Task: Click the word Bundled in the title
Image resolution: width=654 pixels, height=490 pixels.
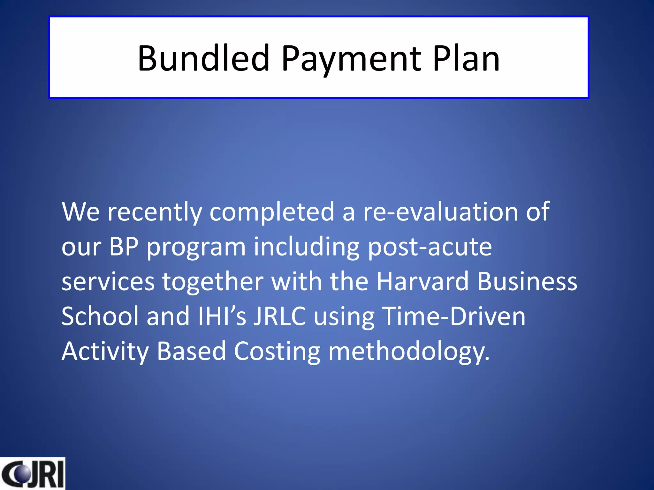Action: [x=204, y=58]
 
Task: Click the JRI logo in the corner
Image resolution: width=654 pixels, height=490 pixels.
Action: [x=33, y=473]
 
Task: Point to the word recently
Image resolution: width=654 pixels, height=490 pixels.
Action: [x=155, y=212]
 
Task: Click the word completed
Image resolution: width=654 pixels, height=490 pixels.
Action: [x=272, y=212]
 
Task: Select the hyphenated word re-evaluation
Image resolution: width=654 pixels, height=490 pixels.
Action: [x=440, y=212]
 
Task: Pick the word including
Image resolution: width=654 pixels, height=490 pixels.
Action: [x=307, y=248]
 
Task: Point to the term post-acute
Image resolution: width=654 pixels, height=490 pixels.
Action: [x=430, y=247]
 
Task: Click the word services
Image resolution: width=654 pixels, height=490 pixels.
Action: [x=108, y=282]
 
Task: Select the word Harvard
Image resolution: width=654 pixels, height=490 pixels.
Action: [x=422, y=282]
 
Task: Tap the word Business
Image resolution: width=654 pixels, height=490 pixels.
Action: [x=527, y=282]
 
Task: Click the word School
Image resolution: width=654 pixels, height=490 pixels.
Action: [x=100, y=316]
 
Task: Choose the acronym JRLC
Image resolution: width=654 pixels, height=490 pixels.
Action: [x=280, y=316]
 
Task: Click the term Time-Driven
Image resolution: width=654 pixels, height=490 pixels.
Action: [x=453, y=316]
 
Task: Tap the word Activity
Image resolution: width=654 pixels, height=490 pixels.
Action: [x=105, y=352]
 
